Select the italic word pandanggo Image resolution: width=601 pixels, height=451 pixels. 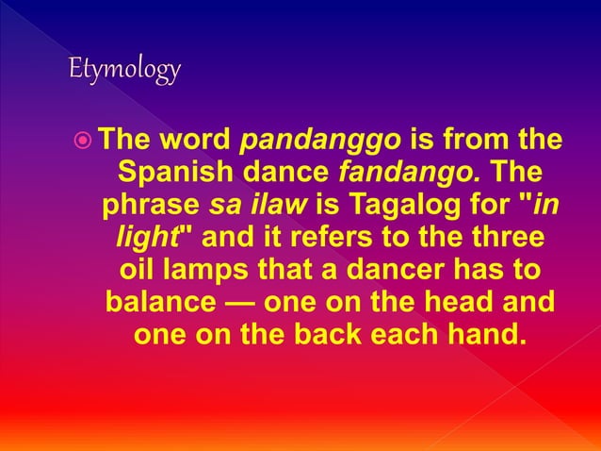(322, 142)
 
